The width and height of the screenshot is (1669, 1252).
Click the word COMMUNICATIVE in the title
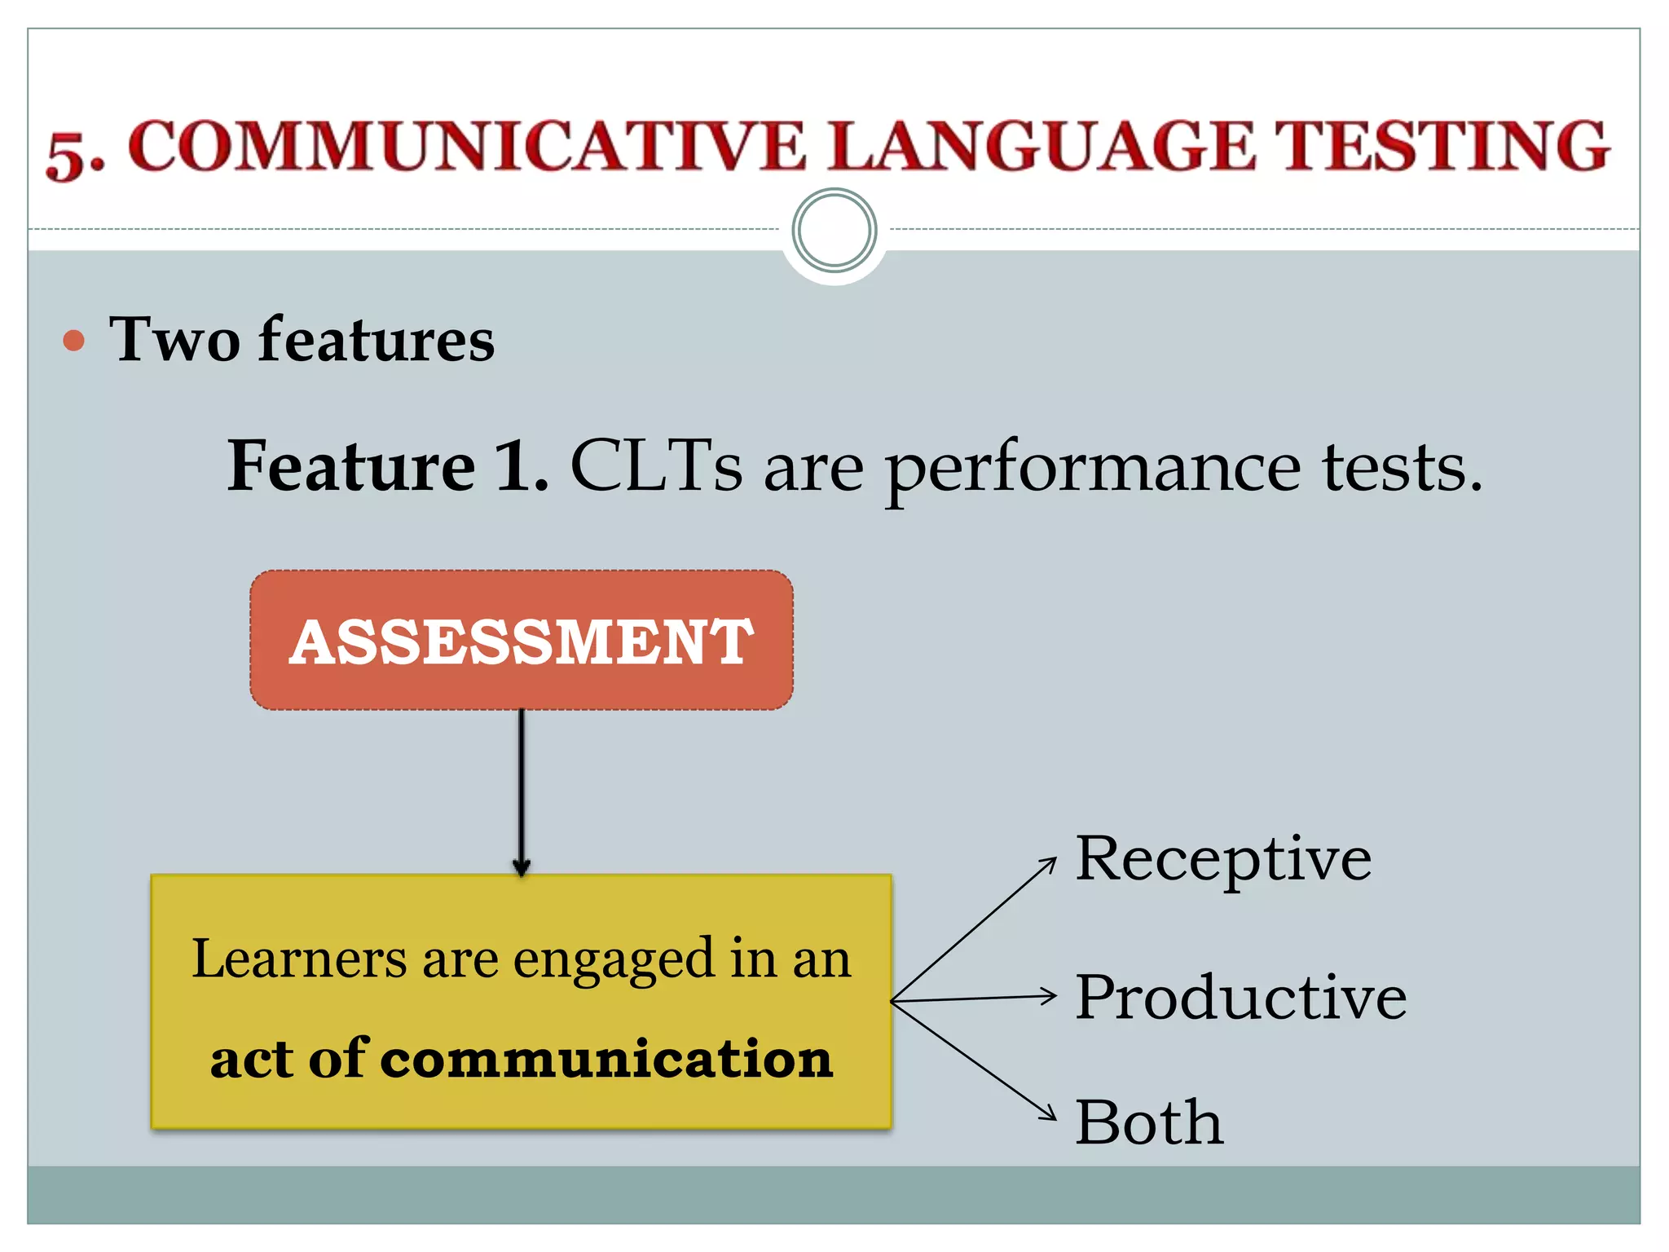tap(467, 147)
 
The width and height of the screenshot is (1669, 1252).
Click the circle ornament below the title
tap(834, 231)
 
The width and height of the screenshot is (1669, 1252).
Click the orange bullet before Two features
tap(74, 340)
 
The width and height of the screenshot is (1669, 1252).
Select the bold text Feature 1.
tap(388, 466)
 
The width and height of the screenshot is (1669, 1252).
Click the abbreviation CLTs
tap(656, 466)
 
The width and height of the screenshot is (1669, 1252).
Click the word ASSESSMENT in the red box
tap(522, 641)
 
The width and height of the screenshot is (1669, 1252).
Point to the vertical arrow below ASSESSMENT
tap(522, 791)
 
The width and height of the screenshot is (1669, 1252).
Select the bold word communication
tap(606, 1059)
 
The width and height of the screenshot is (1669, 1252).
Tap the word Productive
tap(1240, 997)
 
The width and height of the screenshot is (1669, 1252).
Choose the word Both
tap(1149, 1122)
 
